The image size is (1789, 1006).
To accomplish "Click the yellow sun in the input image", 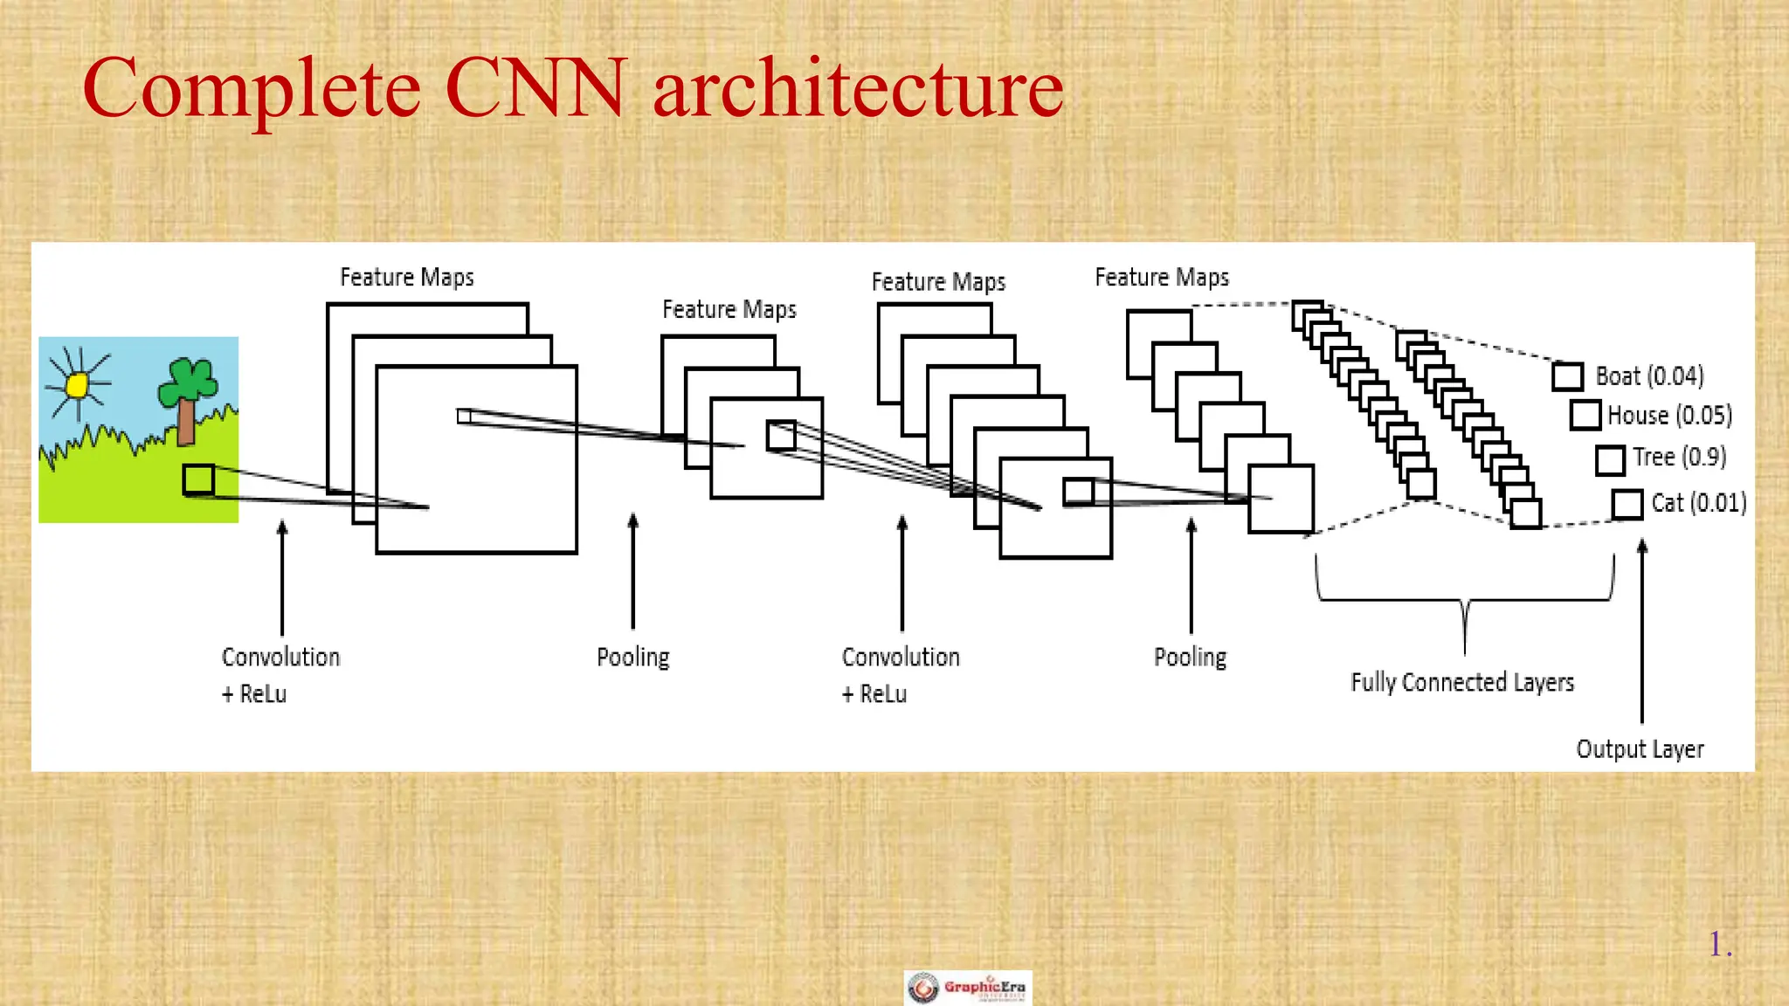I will (78, 384).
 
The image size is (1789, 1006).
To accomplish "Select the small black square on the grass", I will (198, 479).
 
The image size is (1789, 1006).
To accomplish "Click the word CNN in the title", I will (535, 88).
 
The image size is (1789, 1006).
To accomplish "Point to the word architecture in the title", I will (858, 88).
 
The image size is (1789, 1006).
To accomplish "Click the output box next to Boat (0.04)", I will (1567, 376).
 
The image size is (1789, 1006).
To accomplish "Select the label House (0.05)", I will (1669, 415).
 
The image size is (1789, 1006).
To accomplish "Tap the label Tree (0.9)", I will (1679, 457).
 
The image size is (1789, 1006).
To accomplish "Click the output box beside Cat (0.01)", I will (1627, 504).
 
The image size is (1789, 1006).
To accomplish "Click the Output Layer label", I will (1640, 749).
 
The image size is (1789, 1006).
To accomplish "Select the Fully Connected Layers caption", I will (1462, 682).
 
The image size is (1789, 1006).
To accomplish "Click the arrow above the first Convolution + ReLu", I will (282, 576).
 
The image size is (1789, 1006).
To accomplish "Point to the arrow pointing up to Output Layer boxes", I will (1642, 629).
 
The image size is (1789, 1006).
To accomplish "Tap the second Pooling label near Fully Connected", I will (1190, 657).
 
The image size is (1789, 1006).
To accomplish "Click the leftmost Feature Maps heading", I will (406, 278).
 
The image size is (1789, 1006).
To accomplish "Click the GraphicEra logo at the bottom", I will (968, 988).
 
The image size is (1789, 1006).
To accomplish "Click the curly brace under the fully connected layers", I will (1465, 603).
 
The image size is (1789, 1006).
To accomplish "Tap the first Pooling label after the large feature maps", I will (632, 657).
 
